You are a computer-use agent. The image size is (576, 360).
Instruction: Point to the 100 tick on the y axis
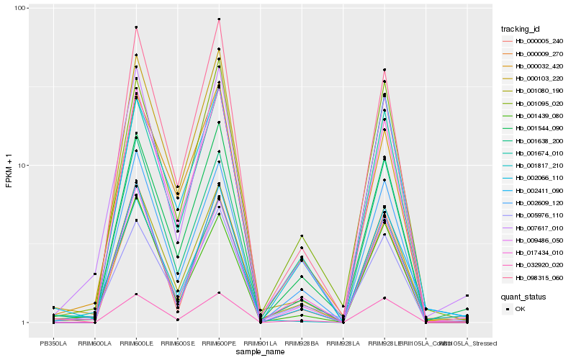pyautogui.click(x=21, y=8)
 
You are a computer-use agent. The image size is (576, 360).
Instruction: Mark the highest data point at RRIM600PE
pyautogui.click(x=219, y=19)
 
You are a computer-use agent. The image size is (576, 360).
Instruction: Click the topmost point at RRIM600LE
pyautogui.click(x=136, y=27)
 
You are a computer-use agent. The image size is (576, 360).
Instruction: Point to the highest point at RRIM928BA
pyautogui.click(x=302, y=236)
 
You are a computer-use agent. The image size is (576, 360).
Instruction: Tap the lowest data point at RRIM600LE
pyautogui.click(x=136, y=294)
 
